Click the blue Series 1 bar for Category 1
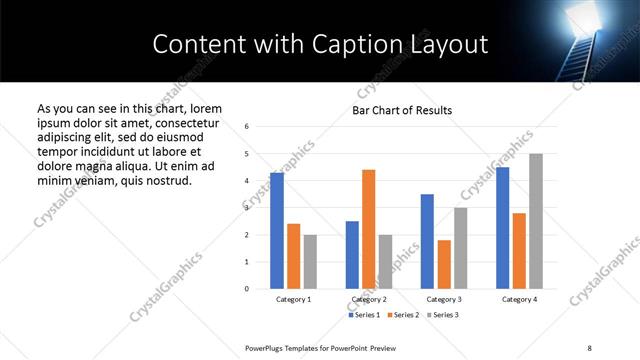277,231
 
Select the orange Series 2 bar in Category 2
368,229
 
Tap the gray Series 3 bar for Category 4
536,221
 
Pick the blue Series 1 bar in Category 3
427,241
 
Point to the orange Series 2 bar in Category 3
444,264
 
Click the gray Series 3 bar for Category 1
310,262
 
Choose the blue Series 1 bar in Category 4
502,228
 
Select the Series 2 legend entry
406,315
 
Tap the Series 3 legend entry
446,315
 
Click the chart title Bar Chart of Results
402,110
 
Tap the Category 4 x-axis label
519,300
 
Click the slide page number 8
589,346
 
